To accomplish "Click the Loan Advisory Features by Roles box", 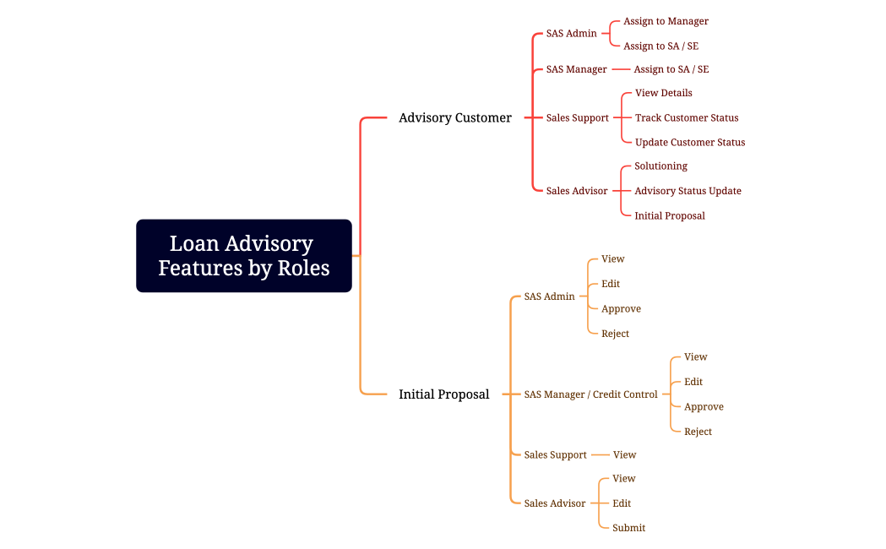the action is (243, 256).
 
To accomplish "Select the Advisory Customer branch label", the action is (454, 118).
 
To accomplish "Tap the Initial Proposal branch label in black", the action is (443, 394).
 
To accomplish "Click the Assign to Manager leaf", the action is (666, 21).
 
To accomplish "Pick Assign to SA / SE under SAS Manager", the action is (671, 69).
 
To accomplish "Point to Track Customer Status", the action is (686, 118).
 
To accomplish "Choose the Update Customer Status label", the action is (689, 143).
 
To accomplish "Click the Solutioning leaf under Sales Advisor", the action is (660, 166).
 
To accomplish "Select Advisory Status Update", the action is (688, 191).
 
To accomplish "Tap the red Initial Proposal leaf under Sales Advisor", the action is (669, 216).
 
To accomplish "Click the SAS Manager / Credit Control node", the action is (590, 394).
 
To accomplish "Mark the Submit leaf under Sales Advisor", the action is (628, 528).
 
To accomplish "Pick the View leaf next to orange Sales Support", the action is (624, 455).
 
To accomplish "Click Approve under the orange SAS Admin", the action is (621, 309).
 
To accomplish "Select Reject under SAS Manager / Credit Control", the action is (698, 432).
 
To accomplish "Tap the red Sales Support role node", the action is (577, 118).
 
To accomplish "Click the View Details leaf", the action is (663, 93).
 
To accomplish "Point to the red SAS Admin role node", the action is (571, 34).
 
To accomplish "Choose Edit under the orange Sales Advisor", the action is (622, 503).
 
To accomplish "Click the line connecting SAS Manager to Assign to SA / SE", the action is (621, 69).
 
